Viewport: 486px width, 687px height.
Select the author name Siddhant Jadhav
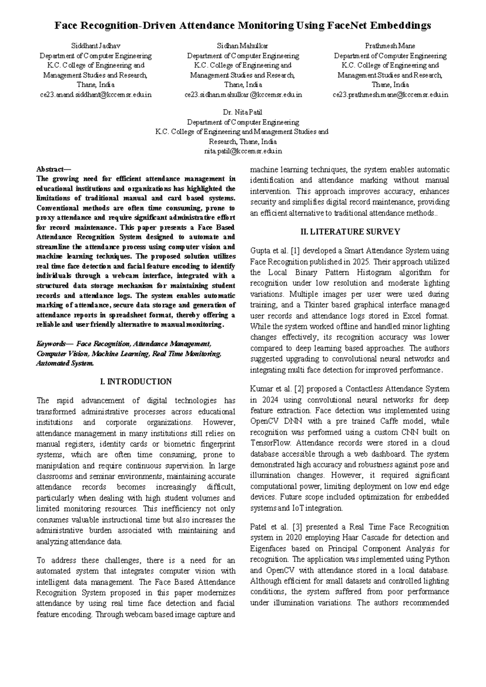coord(96,46)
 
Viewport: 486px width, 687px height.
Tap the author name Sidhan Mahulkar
coord(243,46)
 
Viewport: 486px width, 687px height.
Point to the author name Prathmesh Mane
coord(390,46)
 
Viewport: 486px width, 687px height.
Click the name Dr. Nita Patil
coord(243,112)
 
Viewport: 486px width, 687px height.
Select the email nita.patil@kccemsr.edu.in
coord(243,151)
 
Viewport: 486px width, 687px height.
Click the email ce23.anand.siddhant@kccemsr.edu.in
coord(96,95)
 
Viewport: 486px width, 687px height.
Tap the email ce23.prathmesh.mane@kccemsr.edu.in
coord(390,95)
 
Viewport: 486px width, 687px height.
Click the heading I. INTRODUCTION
coord(136,382)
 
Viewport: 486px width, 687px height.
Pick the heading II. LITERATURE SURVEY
coord(350,232)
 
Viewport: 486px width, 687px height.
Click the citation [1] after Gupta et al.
coord(296,251)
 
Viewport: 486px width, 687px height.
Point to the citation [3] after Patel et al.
coord(296,527)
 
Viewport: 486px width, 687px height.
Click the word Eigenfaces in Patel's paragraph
coord(269,549)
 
